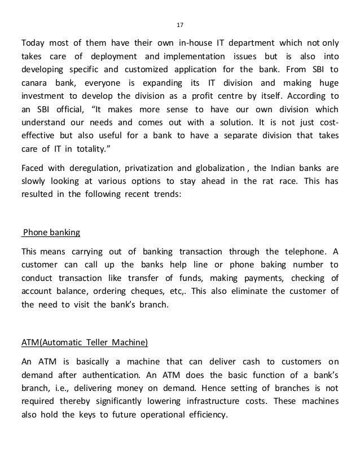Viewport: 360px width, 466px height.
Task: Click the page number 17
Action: pos(180,25)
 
